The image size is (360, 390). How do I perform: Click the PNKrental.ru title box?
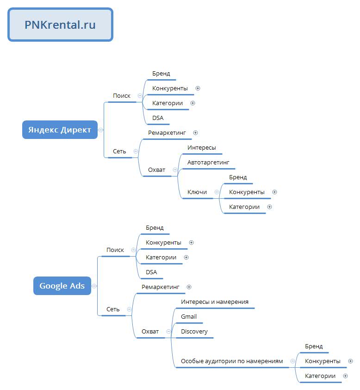(60, 25)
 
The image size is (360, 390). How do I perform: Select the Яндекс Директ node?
(60, 130)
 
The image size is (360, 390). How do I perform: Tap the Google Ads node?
(62, 286)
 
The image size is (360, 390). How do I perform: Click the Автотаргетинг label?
(208, 163)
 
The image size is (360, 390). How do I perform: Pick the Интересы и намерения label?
(215, 302)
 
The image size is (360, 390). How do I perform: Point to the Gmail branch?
(189, 317)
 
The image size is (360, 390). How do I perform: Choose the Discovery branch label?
(194, 332)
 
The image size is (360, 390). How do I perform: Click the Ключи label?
(197, 192)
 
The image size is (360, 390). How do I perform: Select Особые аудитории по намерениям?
(232, 361)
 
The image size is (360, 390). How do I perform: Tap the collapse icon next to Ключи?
(217, 192)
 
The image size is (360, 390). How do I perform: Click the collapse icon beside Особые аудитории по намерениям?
(293, 361)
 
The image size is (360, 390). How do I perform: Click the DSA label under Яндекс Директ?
(158, 118)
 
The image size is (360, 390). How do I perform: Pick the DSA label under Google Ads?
(151, 272)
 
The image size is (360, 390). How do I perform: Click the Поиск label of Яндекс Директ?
(122, 96)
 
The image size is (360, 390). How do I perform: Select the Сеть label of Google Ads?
(113, 309)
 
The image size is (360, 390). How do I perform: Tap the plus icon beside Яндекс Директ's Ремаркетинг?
(195, 133)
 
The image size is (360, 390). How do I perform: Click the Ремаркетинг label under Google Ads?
(161, 287)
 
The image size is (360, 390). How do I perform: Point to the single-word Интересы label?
(202, 148)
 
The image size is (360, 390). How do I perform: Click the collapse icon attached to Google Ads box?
(94, 286)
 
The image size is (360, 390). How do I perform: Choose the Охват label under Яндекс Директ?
(156, 170)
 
